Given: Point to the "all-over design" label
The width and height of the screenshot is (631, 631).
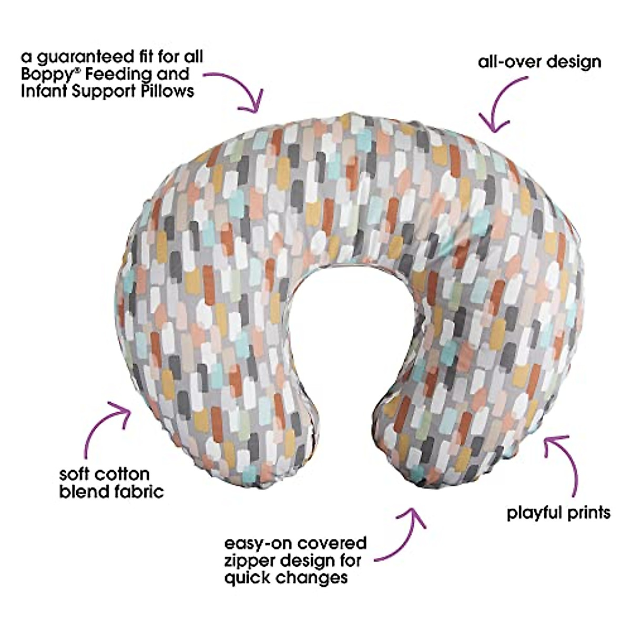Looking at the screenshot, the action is [540, 62].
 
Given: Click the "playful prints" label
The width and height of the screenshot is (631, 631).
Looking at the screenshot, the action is [558, 513].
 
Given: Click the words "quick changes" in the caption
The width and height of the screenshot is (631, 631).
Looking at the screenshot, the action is [286, 577].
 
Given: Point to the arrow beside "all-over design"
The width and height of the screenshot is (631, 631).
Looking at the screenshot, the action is [502, 105].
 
